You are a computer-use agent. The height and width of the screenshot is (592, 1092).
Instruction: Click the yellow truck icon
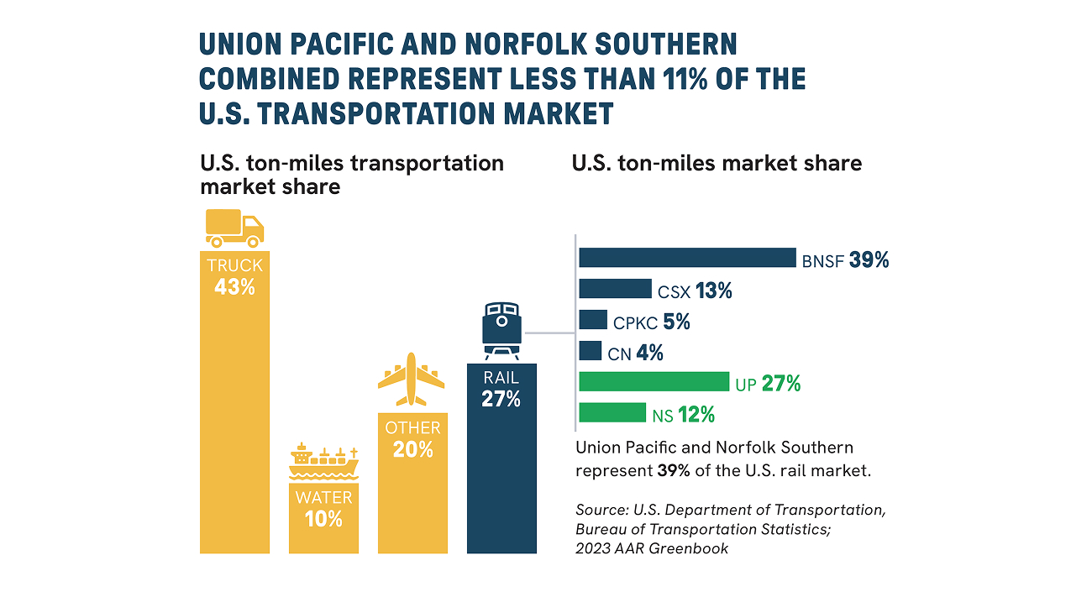234,228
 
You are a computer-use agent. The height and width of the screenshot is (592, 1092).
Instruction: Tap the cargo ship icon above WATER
323,461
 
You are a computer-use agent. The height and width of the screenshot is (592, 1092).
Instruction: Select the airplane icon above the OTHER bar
411,379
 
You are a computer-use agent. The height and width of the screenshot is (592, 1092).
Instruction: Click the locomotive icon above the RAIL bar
501,331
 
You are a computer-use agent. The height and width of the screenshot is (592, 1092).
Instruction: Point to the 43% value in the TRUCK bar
234,287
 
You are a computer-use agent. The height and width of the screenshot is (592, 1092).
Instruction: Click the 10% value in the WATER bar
323,519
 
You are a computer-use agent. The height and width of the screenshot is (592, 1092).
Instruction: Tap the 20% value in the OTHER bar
413,449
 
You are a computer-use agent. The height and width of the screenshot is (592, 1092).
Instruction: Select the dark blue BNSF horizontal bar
687,257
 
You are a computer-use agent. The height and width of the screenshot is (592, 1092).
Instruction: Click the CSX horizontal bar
615,289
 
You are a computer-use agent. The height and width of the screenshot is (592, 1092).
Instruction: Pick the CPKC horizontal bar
593,320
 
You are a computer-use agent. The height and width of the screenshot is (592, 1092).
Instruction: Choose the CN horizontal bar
591,351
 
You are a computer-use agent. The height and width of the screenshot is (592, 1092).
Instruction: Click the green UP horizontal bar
654,381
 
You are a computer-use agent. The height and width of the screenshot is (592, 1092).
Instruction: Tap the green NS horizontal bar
612,412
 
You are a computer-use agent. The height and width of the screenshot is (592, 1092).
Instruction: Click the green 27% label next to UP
781,384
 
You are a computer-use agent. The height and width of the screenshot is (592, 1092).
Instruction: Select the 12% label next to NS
696,415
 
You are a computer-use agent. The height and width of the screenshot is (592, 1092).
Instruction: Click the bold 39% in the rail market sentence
673,471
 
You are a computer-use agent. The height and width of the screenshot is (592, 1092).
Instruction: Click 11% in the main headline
685,79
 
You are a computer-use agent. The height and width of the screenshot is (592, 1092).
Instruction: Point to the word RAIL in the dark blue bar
501,378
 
